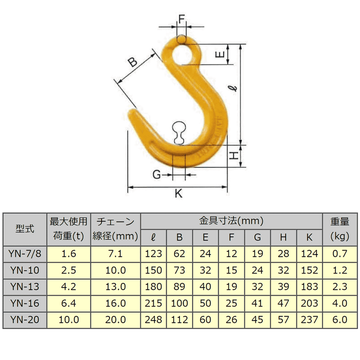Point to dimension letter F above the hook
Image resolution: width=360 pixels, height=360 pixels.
[181, 20]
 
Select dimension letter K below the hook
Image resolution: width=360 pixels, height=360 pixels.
[178, 194]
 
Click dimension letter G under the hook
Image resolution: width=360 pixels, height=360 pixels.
[156, 175]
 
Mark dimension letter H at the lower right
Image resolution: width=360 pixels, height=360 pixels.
[233, 156]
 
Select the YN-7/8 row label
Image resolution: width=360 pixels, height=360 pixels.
[25, 253]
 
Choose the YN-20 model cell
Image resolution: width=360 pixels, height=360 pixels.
[25, 319]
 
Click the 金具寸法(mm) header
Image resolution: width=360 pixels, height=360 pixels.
[231, 220]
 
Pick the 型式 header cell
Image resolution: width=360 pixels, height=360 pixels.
[25, 228]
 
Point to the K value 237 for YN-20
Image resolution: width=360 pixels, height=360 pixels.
[309, 319]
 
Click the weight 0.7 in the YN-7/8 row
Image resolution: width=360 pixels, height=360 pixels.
[339, 253]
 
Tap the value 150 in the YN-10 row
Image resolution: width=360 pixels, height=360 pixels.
[153, 270]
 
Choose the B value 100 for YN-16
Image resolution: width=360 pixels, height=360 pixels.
[179, 303]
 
